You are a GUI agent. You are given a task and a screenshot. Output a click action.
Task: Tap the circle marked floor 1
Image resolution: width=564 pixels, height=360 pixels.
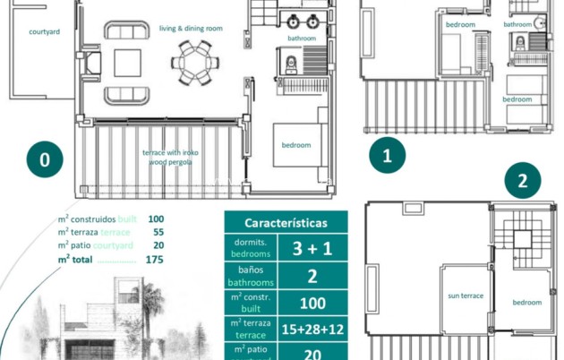pos(388,155)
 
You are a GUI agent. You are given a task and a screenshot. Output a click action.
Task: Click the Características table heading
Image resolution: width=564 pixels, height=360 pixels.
pos(286,223)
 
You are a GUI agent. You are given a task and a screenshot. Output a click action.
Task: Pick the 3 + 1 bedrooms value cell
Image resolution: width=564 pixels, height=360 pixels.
pos(312,248)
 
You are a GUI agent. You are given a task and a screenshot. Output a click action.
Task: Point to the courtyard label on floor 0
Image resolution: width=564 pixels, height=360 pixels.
pos(44,31)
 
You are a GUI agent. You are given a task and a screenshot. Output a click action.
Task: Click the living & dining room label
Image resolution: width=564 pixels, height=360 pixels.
pos(191,29)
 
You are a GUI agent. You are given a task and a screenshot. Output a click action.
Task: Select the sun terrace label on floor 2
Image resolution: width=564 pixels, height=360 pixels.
pos(466,296)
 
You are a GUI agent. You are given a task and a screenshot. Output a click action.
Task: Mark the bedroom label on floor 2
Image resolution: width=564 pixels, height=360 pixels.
pos(526,303)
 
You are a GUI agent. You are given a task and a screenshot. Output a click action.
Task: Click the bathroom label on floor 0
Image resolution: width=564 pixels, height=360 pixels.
pos(302,39)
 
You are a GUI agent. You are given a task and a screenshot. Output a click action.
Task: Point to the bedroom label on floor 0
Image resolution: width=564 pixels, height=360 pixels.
pos(296,145)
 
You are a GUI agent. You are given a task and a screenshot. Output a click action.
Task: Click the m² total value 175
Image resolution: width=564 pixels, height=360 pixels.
pos(154,260)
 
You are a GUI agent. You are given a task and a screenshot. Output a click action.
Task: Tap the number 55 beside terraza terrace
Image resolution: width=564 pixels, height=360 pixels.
pos(157,232)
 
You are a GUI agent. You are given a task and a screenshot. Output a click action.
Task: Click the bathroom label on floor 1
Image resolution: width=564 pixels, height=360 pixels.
pos(517,25)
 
